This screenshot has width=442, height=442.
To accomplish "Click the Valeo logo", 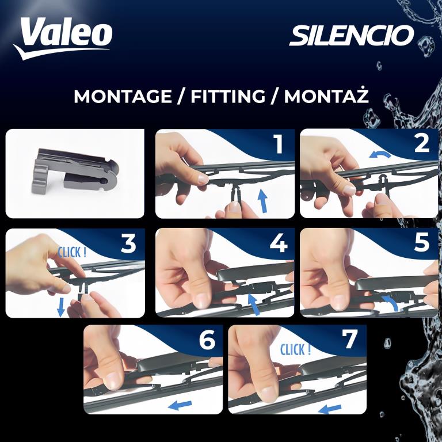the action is [63, 38].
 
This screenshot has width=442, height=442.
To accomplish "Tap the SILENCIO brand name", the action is [352, 36].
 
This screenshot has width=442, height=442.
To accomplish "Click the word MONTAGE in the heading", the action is [123, 97].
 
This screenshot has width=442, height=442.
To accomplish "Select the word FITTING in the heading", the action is [228, 97].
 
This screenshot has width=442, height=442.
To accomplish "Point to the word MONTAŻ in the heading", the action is [326, 96].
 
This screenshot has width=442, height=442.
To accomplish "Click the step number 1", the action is [279, 144].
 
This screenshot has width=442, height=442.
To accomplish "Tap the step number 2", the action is [422, 143].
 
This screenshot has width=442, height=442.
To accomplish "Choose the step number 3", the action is [128, 243].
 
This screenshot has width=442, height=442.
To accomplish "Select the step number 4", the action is [279, 243].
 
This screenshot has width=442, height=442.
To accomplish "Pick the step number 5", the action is [422, 243].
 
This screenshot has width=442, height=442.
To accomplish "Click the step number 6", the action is [207, 340].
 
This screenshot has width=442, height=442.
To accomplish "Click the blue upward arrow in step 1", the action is [262, 201].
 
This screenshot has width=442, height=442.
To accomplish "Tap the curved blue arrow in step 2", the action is [380, 154].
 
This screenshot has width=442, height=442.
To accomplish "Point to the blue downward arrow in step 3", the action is [61, 307].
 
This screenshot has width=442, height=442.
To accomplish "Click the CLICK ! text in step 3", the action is [72, 252].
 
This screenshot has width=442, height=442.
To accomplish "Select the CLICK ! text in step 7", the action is [295, 349].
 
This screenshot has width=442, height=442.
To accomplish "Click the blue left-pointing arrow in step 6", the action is [180, 405].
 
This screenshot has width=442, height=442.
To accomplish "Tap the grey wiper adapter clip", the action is [75, 172].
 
